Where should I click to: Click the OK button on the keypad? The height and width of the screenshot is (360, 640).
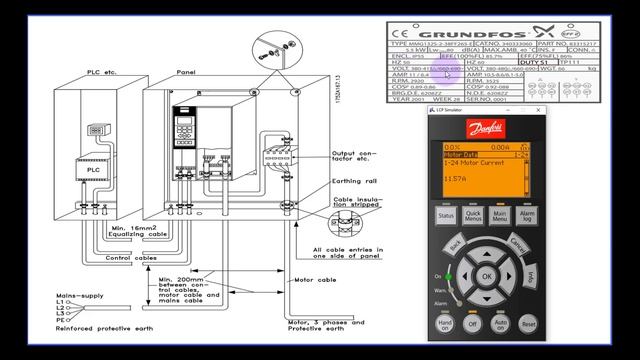(x=487, y=276)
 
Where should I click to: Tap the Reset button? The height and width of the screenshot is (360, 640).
(x=528, y=324)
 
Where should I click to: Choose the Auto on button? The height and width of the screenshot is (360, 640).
(x=501, y=324)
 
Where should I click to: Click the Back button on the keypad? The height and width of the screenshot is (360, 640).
(x=456, y=245)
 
